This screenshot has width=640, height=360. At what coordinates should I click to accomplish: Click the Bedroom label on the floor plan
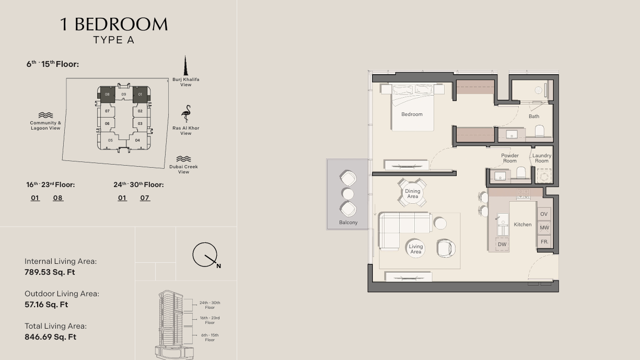412,114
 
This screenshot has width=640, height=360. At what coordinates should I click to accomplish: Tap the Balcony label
348,222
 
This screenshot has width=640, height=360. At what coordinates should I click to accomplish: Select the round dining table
412,193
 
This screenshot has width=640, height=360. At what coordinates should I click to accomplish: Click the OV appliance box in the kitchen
544,214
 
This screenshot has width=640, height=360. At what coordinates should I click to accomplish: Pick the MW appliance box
544,228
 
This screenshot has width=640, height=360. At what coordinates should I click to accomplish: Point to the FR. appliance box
544,242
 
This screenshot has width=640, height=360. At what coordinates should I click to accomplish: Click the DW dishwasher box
502,245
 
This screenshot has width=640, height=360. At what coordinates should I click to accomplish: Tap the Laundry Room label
542,158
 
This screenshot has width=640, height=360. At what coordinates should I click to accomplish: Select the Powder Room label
510,158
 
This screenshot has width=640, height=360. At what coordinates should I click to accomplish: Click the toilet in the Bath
539,131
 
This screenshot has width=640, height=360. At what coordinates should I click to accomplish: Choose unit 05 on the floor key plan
110,140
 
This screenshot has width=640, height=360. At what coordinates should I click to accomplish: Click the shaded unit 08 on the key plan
107,94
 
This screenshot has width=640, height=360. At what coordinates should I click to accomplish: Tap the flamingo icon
186,113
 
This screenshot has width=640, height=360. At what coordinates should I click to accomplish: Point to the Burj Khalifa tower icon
185,66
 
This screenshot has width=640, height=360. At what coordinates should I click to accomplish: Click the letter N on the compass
218,266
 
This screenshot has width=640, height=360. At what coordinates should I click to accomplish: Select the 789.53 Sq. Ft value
50,272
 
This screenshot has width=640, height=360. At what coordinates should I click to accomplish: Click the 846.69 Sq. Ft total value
50,337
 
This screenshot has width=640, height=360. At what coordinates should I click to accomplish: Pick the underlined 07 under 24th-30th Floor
145,198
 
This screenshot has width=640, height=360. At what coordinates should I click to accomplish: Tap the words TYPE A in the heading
114,40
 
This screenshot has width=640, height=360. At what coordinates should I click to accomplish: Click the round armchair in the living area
446,248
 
